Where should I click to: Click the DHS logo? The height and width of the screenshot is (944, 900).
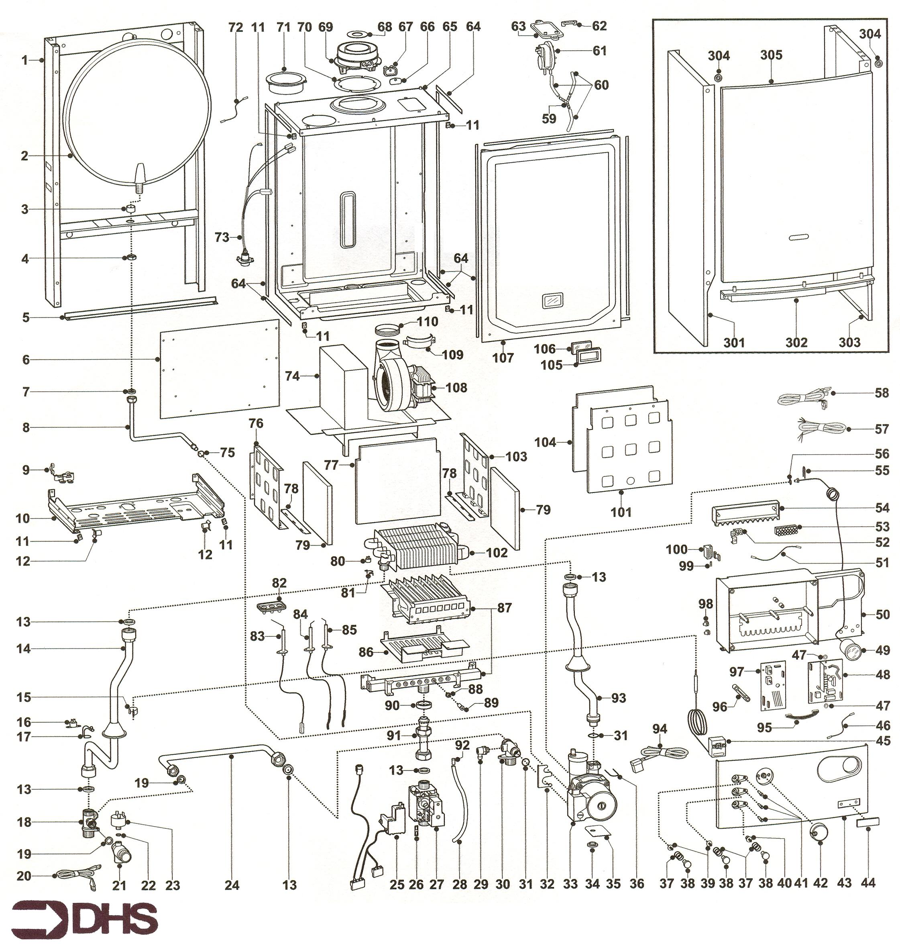click(x=84, y=917)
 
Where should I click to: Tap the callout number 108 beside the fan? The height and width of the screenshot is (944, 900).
click(x=456, y=387)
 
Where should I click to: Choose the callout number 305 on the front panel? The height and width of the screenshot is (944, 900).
click(x=771, y=55)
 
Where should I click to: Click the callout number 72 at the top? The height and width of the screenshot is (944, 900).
click(x=236, y=27)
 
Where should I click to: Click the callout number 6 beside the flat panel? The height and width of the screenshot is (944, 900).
click(x=26, y=359)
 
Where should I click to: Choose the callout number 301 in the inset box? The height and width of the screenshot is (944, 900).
click(x=734, y=342)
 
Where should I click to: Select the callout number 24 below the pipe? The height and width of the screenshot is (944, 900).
click(x=232, y=885)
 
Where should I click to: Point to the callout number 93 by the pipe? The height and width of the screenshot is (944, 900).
click(x=618, y=697)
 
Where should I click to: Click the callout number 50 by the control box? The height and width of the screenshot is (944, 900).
click(x=883, y=614)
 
